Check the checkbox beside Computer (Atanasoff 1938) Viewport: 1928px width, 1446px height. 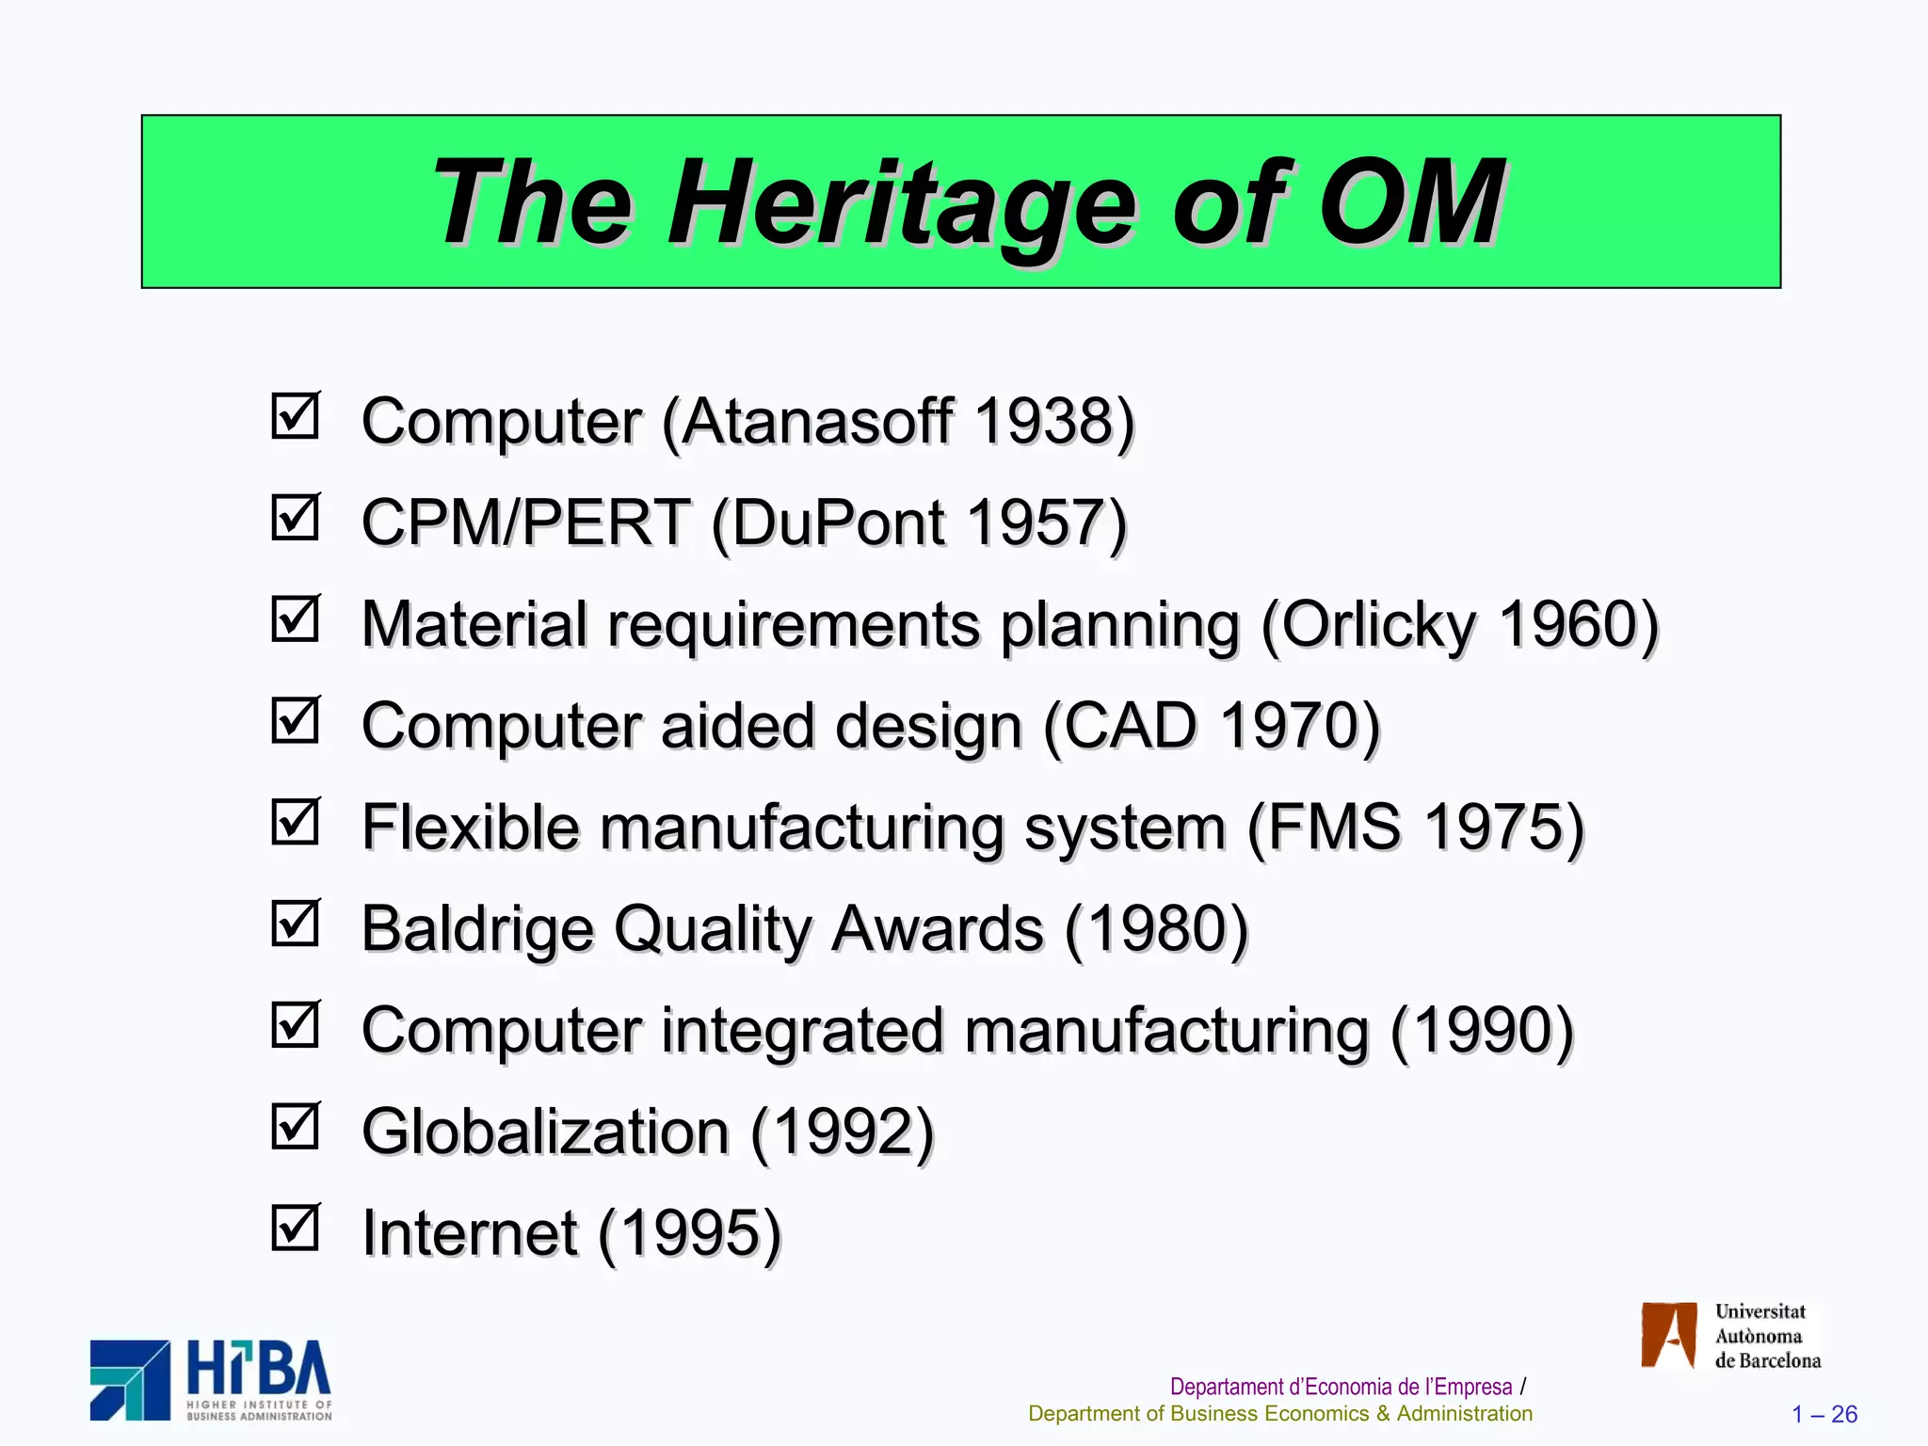click(x=296, y=416)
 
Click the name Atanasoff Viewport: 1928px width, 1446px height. click(x=817, y=421)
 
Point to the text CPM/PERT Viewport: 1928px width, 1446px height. click(x=525, y=522)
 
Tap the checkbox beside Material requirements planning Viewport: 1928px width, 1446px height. click(x=296, y=619)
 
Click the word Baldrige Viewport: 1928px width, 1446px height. click(x=477, y=930)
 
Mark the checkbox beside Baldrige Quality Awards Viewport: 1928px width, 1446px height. click(x=296, y=924)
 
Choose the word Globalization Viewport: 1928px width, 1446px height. click(x=545, y=1132)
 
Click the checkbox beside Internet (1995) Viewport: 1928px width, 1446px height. click(x=296, y=1229)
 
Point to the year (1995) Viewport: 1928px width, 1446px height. click(x=690, y=1233)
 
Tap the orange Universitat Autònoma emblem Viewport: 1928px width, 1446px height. click(x=1668, y=1335)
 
